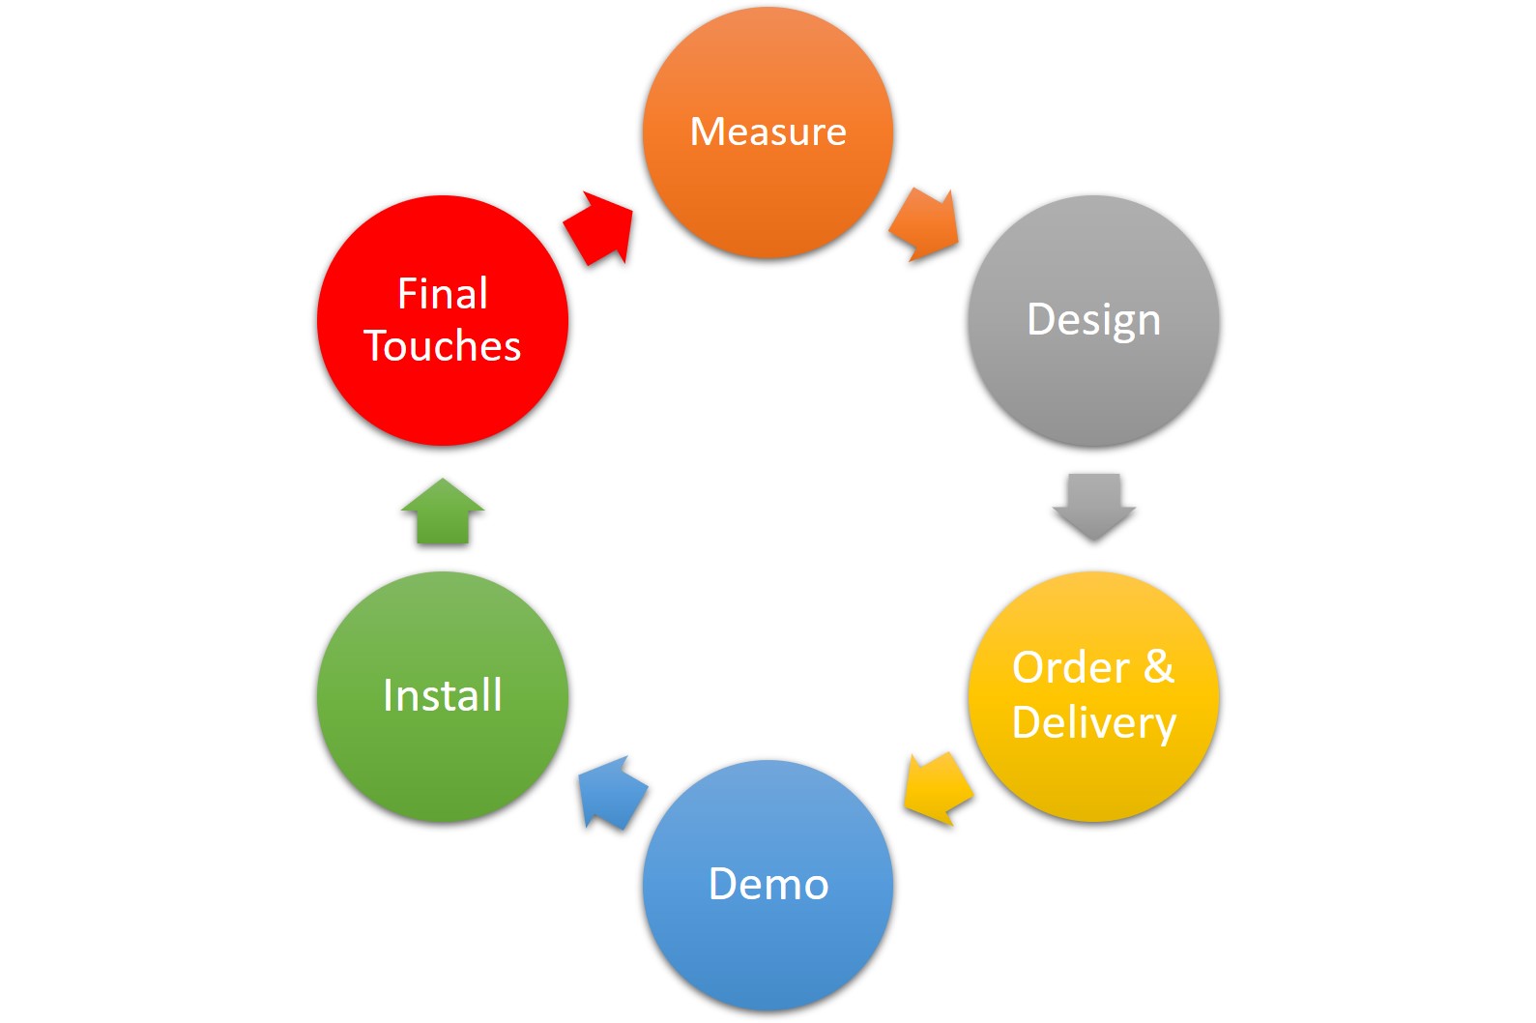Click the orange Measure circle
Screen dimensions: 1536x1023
[x=768, y=132]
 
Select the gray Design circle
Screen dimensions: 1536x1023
[x=1093, y=321]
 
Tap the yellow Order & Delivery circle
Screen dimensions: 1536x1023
[x=1093, y=696]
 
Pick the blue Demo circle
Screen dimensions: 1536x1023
[x=768, y=885]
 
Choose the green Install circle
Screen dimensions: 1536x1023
[x=443, y=696]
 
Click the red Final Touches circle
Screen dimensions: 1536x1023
[x=443, y=321]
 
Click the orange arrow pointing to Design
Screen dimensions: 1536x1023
[x=924, y=225]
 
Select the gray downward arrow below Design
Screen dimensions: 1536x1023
[x=1093, y=507]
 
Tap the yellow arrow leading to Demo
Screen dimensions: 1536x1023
[x=938, y=789]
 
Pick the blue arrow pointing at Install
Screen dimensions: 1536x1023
[x=612, y=793]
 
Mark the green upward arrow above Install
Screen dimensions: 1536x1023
[x=443, y=511]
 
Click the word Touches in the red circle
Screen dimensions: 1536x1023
[x=443, y=345]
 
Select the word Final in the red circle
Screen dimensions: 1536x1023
[x=443, y=294]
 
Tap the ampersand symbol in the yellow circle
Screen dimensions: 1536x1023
[x=1158, y=666]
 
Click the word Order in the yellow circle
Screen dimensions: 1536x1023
[x=1070, y=667]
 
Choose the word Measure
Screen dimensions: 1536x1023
[x=768, y=132]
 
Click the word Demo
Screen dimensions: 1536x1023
[x=768, y=884]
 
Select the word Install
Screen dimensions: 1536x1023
[x=443, y=695]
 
